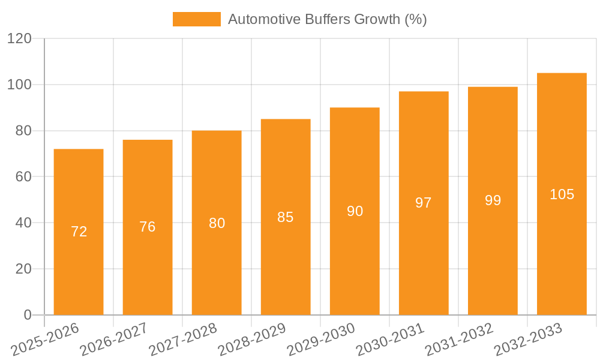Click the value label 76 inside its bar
(148, 227)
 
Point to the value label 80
(217, 223)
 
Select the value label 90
(355, 211)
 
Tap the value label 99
(493, 200)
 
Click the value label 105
(562, 194)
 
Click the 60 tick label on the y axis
(23, 177)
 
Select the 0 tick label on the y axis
(27, 315)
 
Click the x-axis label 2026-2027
(113, 338)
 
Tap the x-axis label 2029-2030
(320, 338)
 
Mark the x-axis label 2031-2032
(458, 338)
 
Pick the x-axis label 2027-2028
(182, 338)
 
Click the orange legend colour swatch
(196, 19)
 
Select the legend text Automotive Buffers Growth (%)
(327, 19)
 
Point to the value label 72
(79, 232)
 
